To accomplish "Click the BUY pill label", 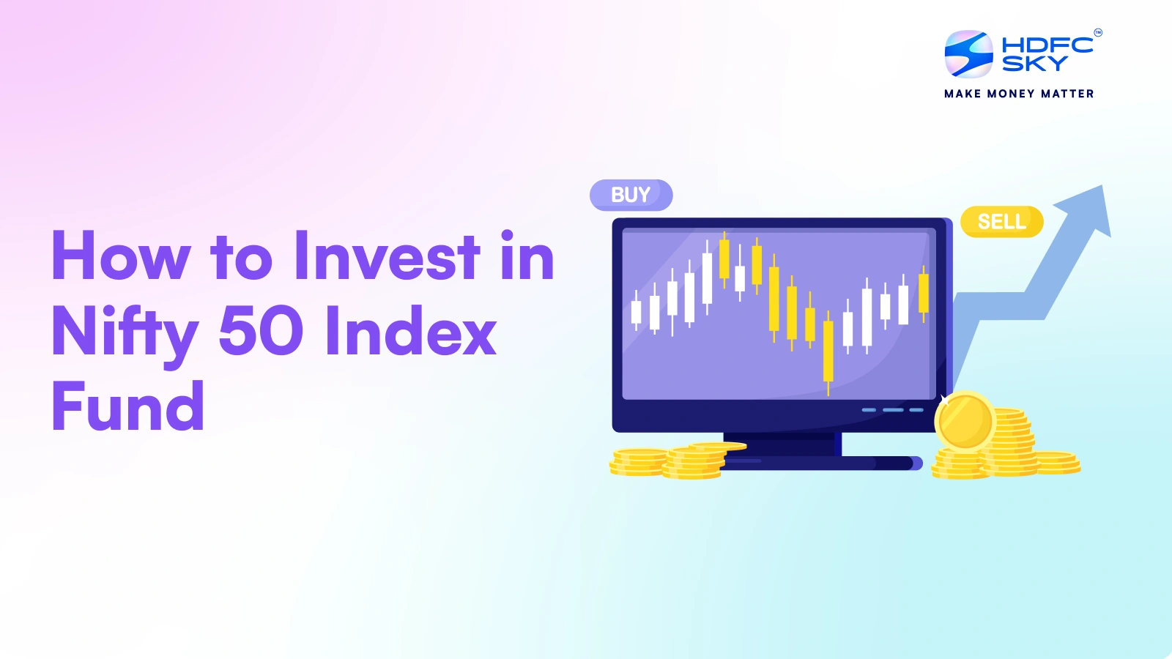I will (631, 195).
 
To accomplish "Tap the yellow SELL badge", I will (1001, 221).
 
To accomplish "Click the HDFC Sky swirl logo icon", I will (968, 54).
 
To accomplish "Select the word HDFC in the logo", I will (1047, 45).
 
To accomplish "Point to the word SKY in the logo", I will (1034, 64).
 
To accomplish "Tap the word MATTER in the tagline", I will (1067, 94).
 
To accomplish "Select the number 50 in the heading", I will (261, 331).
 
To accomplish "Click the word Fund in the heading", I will (128, 406).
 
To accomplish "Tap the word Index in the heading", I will (411, 331).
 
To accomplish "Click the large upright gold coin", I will (965, 422).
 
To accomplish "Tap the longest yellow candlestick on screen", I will (828, 351).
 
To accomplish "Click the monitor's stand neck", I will (782, 444).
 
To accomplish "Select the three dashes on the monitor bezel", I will (892, 410).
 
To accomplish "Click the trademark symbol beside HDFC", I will (1097, 32).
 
